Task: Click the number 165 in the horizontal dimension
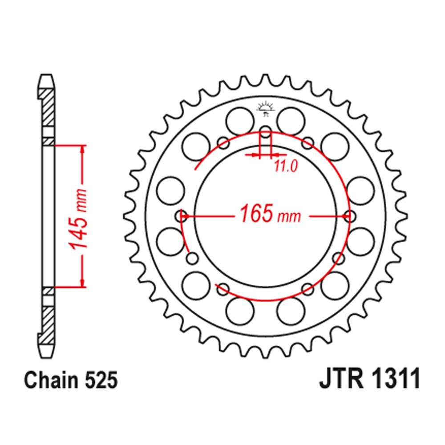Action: [257, 214]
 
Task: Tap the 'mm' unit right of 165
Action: [289, 217]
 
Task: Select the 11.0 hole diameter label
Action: [285, 166]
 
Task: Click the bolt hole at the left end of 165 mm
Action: [182, 216]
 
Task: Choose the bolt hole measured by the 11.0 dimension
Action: [265, 132]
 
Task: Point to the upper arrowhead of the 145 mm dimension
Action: [82, 149]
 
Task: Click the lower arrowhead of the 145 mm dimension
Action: [82, 283]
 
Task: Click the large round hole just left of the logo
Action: [240, 119]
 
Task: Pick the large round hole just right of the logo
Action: [291, 119]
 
